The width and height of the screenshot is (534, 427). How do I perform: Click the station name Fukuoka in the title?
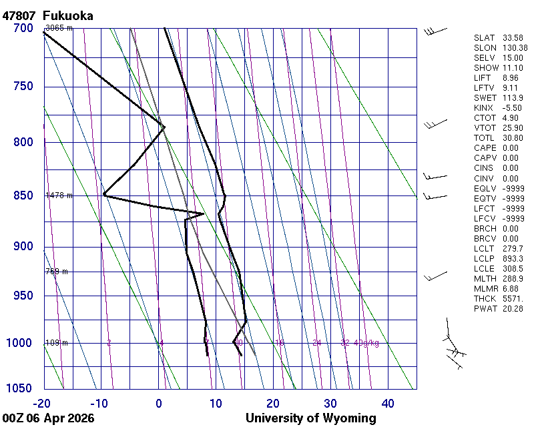(67, 15)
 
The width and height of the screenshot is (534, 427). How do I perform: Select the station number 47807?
(19, 15)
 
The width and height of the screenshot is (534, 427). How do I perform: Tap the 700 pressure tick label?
(23, 28)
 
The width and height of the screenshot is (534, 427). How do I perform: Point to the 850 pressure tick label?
(23, 195)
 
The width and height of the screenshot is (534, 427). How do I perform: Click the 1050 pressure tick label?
(20, 389)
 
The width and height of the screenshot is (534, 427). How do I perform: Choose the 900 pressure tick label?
(23, 247)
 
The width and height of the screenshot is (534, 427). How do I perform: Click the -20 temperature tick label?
(42, 403)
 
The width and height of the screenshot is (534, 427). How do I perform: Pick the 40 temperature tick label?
(388, 403)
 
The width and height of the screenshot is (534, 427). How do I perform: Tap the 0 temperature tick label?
(159, 403)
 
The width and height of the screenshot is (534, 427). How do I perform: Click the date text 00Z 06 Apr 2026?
(48, 418)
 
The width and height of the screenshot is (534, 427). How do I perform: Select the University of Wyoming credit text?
(310, 418)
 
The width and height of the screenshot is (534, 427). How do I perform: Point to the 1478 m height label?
(59, 195)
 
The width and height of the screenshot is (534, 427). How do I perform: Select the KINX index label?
(485, 108)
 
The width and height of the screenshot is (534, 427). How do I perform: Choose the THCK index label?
(485, 298)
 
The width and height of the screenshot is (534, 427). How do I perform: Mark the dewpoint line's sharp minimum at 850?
(104, 195)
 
